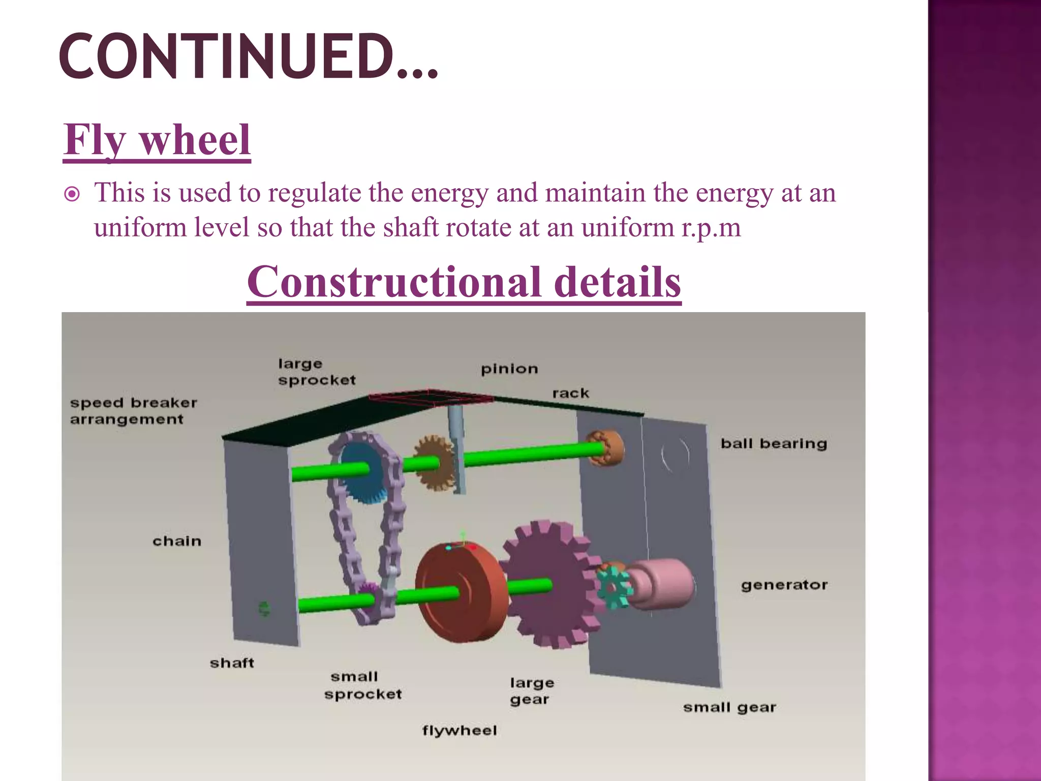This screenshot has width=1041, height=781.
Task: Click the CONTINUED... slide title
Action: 249,56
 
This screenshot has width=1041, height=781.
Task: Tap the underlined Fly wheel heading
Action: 157,140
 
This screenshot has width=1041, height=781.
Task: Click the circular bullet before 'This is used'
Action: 72,194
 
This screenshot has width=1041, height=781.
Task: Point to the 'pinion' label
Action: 509,369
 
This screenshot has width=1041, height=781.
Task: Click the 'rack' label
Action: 570,394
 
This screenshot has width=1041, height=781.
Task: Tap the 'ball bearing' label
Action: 774,444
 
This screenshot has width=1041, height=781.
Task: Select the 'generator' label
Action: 784,585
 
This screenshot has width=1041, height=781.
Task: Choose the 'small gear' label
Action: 729,707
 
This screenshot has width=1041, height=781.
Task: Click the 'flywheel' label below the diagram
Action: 460,731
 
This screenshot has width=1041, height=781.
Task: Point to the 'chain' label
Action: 177,541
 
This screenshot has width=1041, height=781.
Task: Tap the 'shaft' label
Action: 232,663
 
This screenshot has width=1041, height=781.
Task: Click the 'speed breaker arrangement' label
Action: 133,411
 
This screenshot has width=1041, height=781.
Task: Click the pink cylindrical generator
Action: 661,583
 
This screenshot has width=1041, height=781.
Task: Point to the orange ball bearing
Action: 606,447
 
